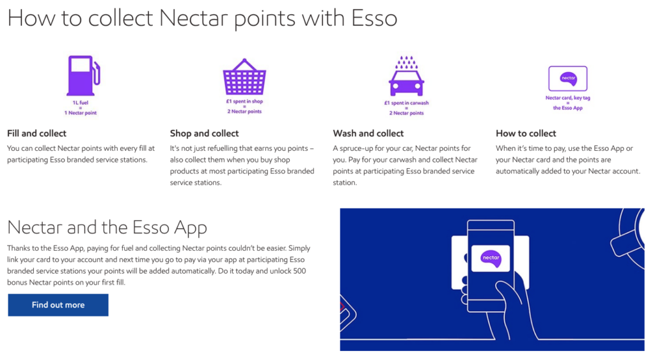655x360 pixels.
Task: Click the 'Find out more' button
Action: (x=58, y=305)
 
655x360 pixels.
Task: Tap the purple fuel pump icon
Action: (x=83, y=75)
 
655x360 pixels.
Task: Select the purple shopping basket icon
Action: (x=244, y=77)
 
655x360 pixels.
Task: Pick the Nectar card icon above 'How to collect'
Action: (x=568, y=79)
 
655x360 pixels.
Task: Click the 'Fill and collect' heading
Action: (x=36, y=133)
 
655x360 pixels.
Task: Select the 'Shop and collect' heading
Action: (x=204, y=133)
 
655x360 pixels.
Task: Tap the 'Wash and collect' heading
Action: (x=368, y=133)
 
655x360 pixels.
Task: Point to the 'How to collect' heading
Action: (x=526, y=133)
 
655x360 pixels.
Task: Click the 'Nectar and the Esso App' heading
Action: (x=107, y=228)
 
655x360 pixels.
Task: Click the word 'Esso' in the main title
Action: (x=374, y=19)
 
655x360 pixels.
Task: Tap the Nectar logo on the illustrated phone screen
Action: (x=491, y=258)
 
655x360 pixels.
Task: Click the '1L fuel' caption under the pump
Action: (x=81, y=103)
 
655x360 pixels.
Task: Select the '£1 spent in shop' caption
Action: (x=244, y=102)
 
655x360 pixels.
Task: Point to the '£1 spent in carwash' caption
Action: (x=406, y=103)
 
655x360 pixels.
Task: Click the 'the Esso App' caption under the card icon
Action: (x=568, y=108)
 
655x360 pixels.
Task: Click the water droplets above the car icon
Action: (x=406, y=62)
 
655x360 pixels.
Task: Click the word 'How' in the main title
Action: (x=31, y=19)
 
